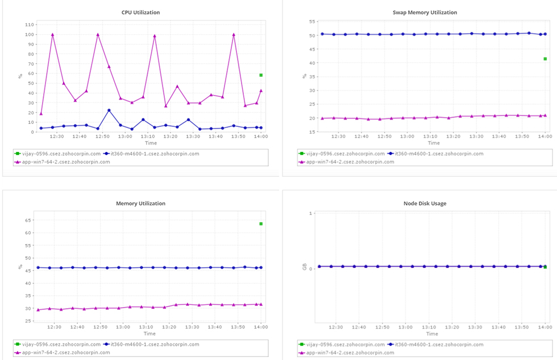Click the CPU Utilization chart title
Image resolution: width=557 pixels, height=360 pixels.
(140, 12)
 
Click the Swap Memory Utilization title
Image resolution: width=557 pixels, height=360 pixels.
(425, 12)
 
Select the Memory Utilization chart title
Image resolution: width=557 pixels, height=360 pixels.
(140, 203)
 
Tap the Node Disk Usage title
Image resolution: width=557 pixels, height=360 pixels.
(425, 203)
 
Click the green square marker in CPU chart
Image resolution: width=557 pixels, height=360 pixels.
(261, 75)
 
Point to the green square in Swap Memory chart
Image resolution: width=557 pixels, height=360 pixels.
(545, 59)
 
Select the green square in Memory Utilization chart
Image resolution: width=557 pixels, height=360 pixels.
(261, 224)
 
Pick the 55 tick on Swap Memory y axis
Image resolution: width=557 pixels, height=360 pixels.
(313, 22)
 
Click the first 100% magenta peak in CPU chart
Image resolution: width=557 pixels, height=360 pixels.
(52, 35)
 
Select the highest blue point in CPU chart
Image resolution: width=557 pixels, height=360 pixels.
(109, 110)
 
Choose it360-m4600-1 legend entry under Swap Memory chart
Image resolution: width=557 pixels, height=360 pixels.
(436, 154)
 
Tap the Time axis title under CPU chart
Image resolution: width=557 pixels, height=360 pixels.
(150, 143)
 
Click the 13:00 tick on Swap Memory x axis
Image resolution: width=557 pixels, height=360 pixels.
(407, 136)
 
